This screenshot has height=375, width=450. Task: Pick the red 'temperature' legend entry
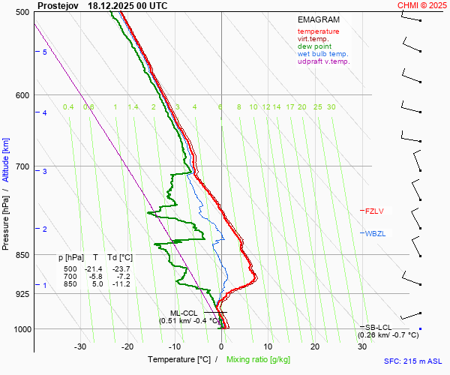318,31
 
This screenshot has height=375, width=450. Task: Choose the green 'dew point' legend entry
315,46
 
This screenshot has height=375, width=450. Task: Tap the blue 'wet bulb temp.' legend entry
322,54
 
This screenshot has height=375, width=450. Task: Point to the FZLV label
374,211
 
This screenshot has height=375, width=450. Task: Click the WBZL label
375,233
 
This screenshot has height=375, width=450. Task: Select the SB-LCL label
380,328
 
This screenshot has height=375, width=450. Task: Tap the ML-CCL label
183,313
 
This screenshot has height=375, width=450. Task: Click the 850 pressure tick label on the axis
22,255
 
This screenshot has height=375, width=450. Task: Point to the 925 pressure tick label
22,294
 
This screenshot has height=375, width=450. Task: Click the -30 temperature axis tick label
80,346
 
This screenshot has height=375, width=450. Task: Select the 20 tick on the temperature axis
315,346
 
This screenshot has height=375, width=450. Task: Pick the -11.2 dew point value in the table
121,284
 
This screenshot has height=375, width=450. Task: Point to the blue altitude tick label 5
44,52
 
